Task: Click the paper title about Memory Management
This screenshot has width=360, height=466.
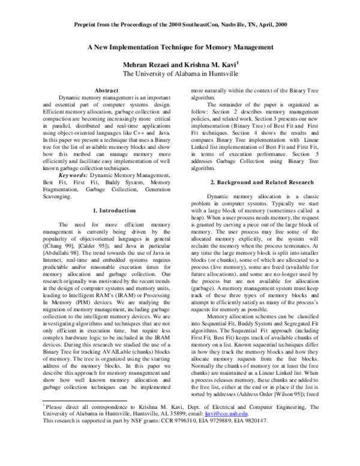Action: point(181,46)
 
